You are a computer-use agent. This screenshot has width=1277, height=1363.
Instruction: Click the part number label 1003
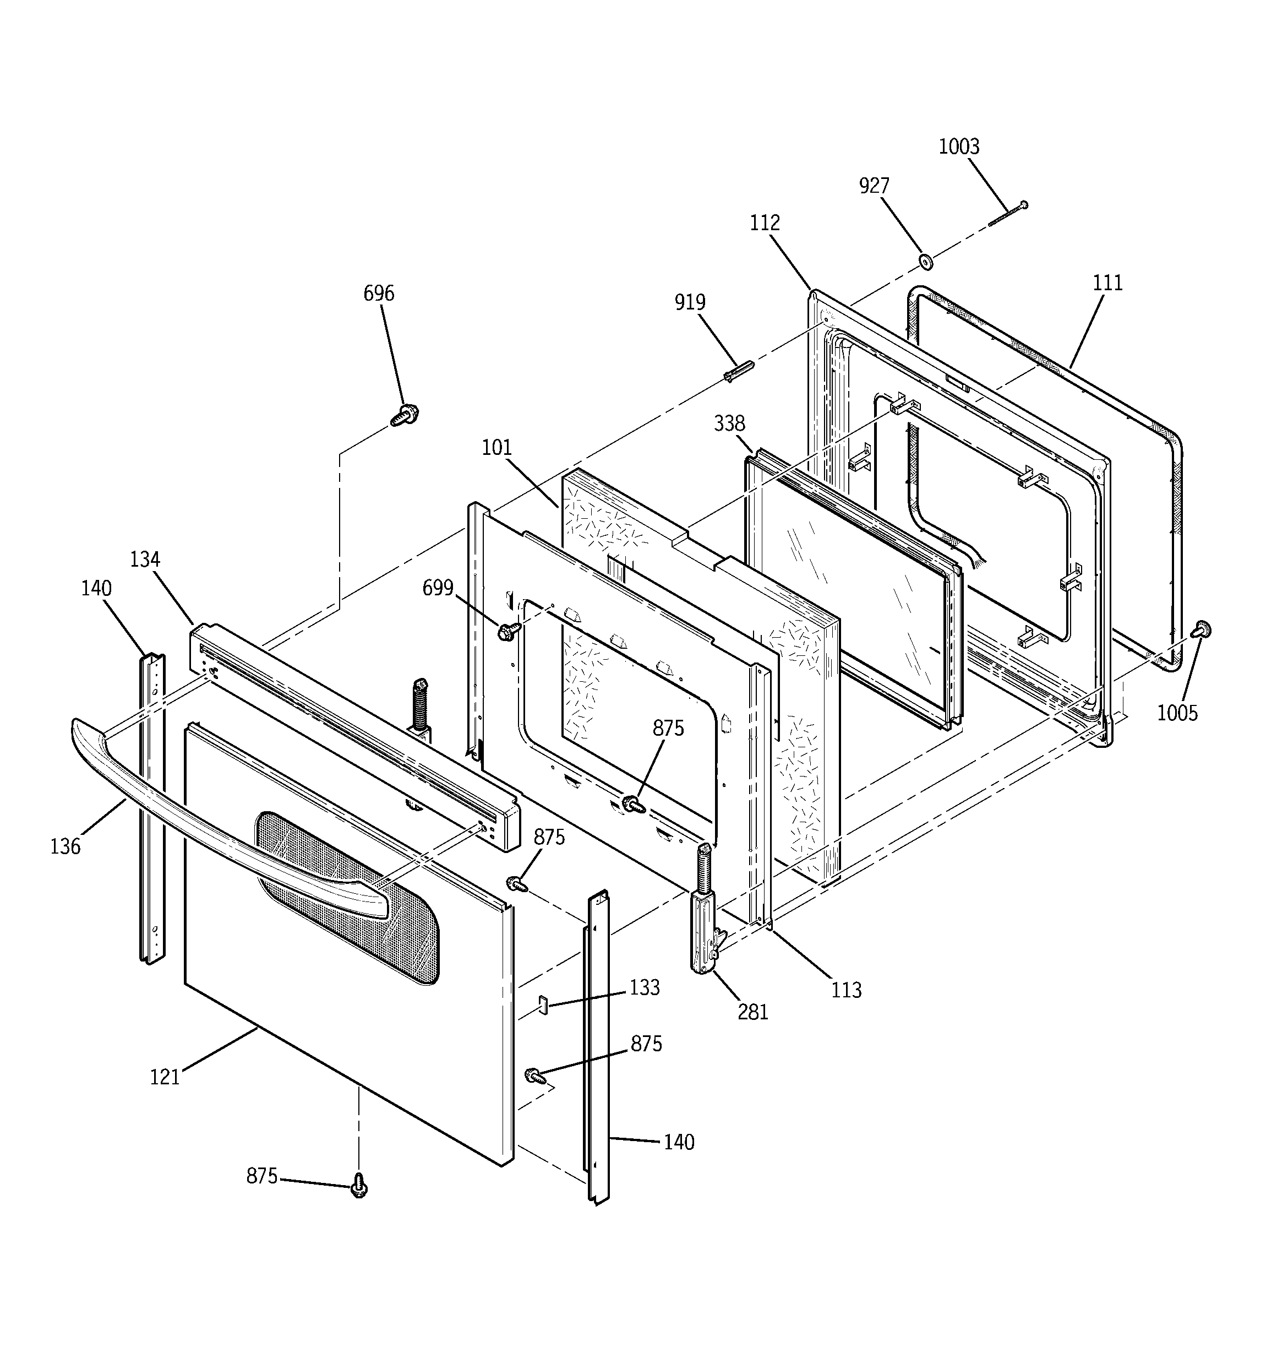point(958,146)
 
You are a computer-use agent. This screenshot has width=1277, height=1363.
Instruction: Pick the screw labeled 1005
point(1202,629)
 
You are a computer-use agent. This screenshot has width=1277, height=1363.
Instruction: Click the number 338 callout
point(729,423)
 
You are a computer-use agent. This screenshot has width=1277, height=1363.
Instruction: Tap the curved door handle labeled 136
point(206,829)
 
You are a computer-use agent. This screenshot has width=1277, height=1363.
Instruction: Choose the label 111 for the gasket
point(1107,283)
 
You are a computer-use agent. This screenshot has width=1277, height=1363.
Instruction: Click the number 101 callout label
point(496,448)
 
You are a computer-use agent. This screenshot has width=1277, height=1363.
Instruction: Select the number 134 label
point(145,560)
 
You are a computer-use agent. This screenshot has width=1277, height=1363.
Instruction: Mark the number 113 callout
point(846,990)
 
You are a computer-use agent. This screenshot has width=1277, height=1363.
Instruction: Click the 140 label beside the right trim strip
point(679,1142)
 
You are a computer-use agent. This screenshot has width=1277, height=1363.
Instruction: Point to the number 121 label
point(165,1077)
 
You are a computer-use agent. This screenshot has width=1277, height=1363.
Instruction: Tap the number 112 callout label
point(765,223)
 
